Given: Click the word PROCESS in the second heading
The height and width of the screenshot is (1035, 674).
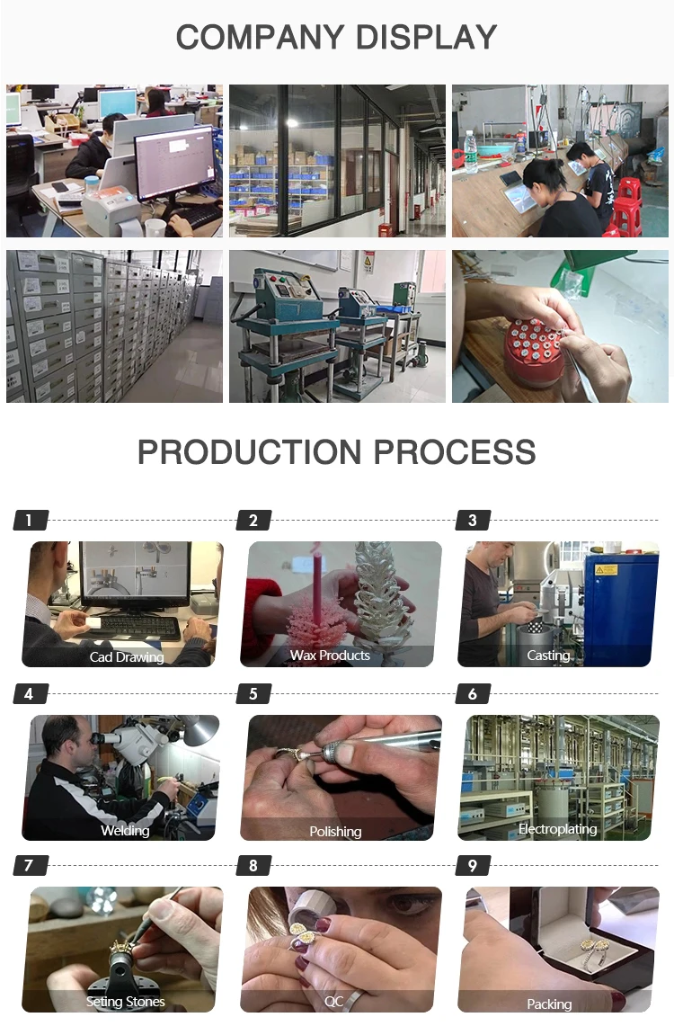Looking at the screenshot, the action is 455,452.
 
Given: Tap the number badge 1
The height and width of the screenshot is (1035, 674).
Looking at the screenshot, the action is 31,520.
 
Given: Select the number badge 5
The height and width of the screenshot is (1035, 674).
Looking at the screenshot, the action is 254,693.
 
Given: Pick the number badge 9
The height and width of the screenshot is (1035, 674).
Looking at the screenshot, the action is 473,865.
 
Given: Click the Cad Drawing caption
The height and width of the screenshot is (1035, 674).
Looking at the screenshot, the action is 127,656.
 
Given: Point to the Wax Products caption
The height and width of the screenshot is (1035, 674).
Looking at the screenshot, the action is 330,656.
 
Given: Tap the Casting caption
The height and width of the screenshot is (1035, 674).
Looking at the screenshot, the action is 548,656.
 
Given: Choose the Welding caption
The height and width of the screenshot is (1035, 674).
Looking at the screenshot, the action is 125,830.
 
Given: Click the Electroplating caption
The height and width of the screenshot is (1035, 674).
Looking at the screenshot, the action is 557,829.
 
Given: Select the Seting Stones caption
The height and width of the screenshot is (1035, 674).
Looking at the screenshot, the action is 125,1002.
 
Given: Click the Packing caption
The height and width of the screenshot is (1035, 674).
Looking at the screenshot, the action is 549,1004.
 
